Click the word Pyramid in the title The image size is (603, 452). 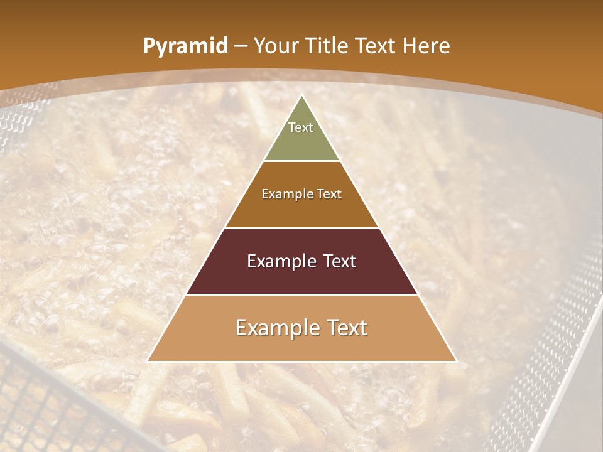pos(185,46)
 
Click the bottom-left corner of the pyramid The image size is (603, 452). pos(148,361)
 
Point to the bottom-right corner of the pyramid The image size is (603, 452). pos(457,361)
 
